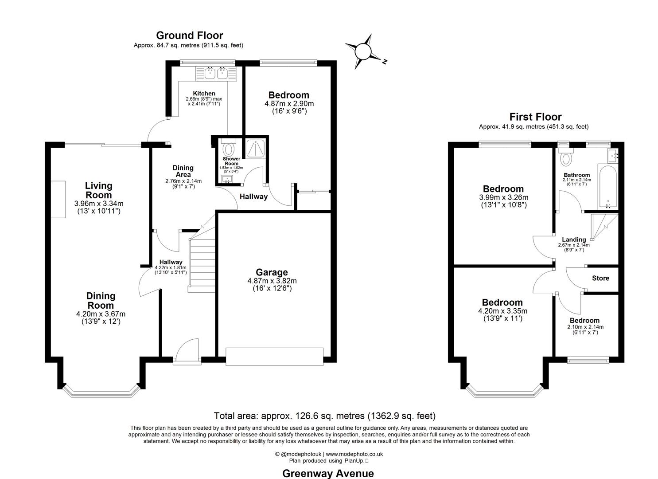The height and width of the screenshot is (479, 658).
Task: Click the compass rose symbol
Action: (x=363, y=52)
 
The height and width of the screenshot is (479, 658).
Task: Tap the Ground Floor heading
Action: (x=189, y=35)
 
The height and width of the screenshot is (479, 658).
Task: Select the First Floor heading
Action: (x=535, y=117)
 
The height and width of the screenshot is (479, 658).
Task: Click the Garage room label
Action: (x=272, y=272)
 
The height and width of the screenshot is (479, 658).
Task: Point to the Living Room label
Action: (x=98, y=190)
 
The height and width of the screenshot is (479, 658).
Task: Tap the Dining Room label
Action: (x=101, y=301)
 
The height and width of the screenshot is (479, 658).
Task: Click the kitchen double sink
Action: (x=216, y=73)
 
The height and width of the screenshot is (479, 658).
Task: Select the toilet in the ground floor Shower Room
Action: (x=229, y=147)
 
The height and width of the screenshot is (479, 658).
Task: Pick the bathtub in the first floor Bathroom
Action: (x=607, y=186)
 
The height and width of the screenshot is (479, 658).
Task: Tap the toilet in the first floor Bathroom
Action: (x=566, y=157)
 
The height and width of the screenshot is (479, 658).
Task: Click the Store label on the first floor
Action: (x=600, y=278)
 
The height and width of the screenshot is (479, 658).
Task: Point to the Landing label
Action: (x=574, y=239)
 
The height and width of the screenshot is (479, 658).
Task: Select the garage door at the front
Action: (x=274, y=357)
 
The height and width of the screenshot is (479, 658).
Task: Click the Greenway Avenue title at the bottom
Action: (x=328, y=473)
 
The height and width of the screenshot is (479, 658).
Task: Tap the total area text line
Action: (x=324, y=416)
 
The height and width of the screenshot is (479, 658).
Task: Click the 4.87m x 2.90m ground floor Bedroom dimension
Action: (x=289, y=104)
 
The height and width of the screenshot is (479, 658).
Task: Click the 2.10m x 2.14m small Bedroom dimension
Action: (x=585, y=327)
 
